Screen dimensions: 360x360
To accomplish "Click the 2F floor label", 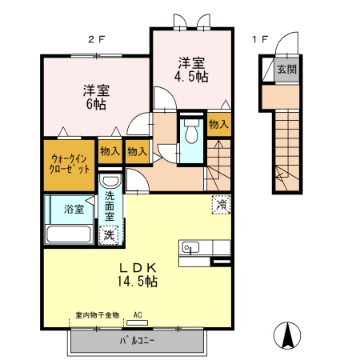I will point(95,38).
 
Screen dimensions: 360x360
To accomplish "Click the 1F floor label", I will point(260,38).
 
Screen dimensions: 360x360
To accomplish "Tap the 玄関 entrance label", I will point(286,70).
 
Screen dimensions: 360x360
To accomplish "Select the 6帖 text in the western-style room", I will point(93,104).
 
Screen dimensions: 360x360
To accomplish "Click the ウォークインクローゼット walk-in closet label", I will point(69,166).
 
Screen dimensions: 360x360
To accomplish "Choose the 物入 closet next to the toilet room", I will point(219,124).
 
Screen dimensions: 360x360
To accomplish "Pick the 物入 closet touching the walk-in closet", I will point(110,150).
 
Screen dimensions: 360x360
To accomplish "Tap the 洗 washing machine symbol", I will point(108,235).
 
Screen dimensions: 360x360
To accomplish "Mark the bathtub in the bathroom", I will point(69,234).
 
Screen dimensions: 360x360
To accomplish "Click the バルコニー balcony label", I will point(138,341).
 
